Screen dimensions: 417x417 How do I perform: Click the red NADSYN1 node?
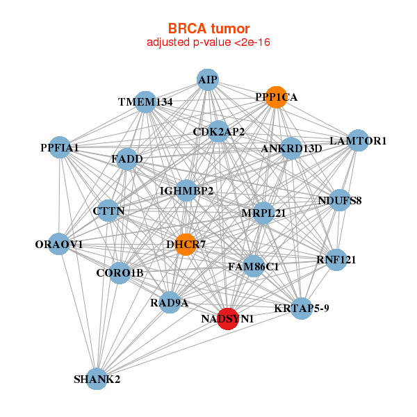click(228, 318)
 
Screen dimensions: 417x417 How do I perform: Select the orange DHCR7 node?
click(186, 245)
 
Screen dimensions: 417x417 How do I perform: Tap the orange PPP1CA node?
click(276, 97)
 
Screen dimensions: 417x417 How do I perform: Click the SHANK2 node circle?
click(97, 379)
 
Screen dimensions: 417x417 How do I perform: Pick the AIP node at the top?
click(208, 80)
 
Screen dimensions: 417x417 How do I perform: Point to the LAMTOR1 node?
click(358, 140)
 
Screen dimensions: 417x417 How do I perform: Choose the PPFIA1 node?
click(60, 147)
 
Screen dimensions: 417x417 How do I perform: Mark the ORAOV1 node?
click(59, 244)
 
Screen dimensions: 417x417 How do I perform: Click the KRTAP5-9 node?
click(302, 308)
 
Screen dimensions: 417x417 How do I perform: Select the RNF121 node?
click(336, 260)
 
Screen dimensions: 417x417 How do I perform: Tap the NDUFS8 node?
click(339, 201)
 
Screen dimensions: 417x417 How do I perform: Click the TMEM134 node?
click(145, 102)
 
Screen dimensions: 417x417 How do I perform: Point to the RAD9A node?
click(170, 302)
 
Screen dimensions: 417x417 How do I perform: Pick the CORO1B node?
click(120, 272)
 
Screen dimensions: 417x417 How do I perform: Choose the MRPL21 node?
click(263, 213)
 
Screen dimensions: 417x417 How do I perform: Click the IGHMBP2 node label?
click(186, 190)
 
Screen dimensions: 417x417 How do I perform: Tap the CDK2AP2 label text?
click(218, 131)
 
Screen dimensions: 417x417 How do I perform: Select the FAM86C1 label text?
click(254, 266)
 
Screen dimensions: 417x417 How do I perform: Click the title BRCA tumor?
click(208, 28)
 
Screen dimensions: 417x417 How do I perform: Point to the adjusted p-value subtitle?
click(208, 42)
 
